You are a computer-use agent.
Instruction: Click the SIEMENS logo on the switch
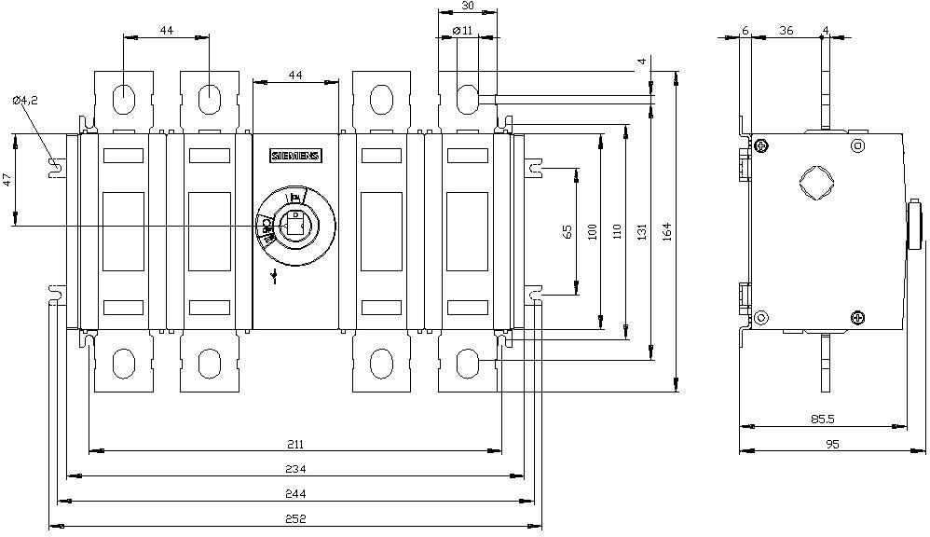[294, 156]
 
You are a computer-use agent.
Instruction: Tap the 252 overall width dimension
[296, 518]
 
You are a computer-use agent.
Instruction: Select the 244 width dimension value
[296, 493]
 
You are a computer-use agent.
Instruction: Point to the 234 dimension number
[296, 468]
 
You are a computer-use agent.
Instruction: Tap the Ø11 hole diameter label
[462, 32]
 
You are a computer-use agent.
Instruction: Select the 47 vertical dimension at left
[8, 180]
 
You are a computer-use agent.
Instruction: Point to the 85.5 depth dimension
[822, 420]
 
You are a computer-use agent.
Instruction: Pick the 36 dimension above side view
[786, 31]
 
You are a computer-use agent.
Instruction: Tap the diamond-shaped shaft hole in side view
[816, 181]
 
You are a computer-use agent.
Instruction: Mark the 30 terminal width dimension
[467, 7]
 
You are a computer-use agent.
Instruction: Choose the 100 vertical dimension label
[594, 232]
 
